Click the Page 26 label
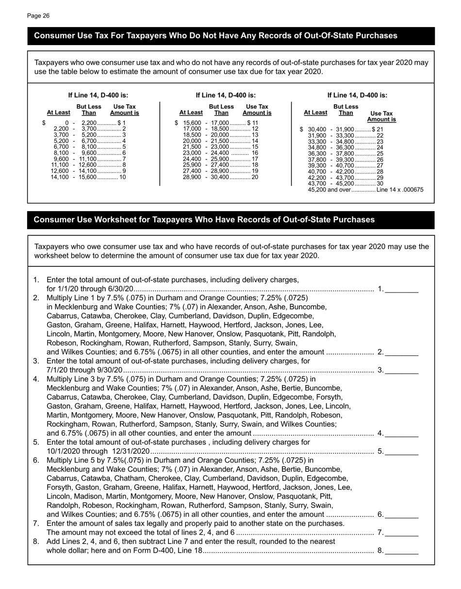(x=38, y=16)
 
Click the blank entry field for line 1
(x=402, y=290)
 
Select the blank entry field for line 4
(x=402, y=434)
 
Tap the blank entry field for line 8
(x=402, y=551)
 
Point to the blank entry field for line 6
(x=402, y=515)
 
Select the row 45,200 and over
(x=365, y=190)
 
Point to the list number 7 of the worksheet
(x=36, y=524)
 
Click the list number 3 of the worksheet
(x=36, y=361)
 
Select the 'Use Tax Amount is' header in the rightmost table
(x=381, y=116)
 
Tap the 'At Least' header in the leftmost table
(x=58, y=113)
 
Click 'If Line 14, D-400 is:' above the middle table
(x=226, y=95)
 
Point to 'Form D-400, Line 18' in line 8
(x=168, y=551)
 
